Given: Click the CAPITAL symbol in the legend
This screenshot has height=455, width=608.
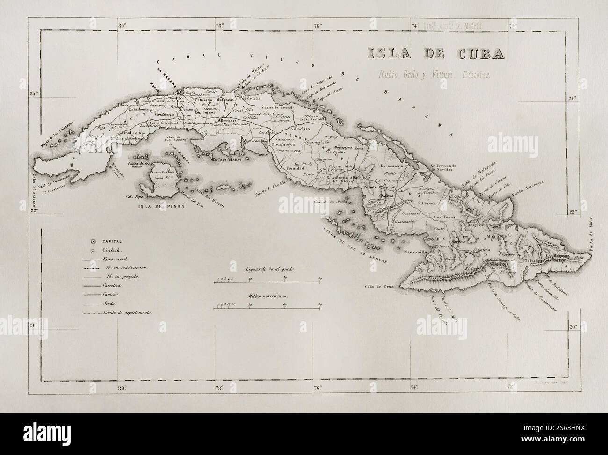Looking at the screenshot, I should pyautogui.click(x=93, y=242).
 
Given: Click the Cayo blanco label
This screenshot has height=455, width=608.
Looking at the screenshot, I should pyautogui.click(x=228, y=159).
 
